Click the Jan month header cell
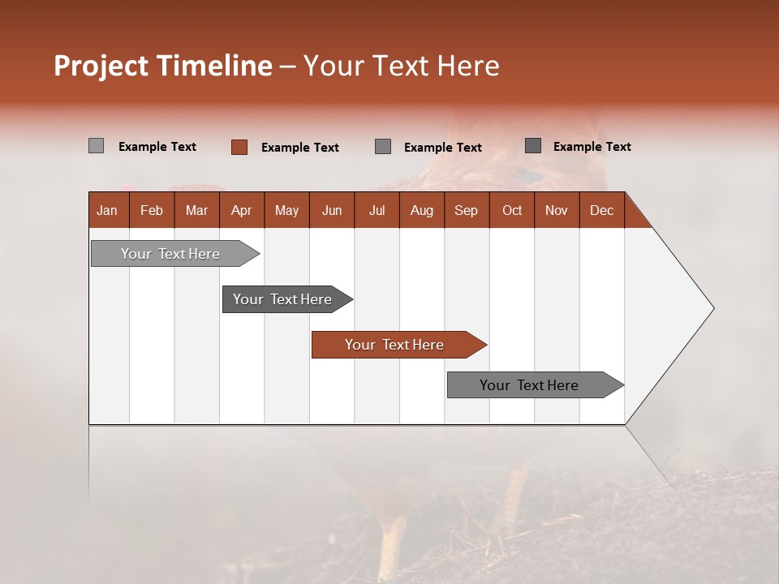pos(107,210)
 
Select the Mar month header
pos(196,210)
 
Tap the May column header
pos(286,210)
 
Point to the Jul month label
pos(377,210)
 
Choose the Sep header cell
pos(466,210)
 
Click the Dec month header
pos(601,210)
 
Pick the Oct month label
pos(512,210)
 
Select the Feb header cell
pos(152,210)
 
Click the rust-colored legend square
pos(239,147)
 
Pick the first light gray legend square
pos(96,146)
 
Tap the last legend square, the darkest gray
pos(532,146)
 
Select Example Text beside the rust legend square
pos(299,148)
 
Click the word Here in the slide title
pos(468,66)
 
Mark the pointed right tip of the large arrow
pos(712,308)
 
